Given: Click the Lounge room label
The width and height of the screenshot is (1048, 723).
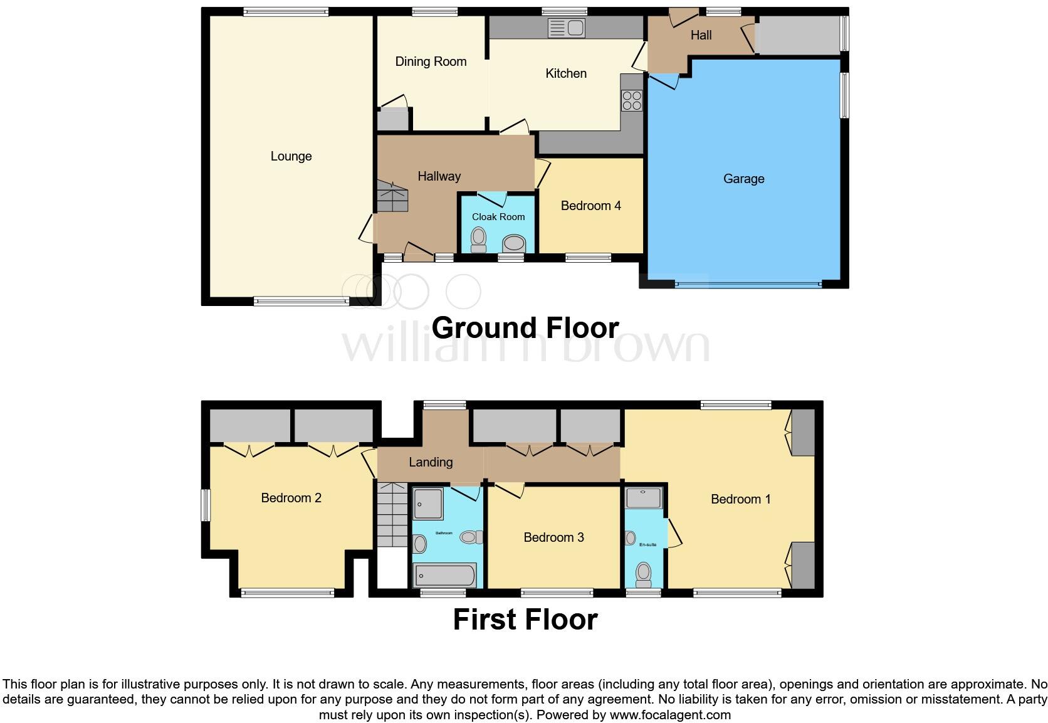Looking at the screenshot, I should [x=291, y=156].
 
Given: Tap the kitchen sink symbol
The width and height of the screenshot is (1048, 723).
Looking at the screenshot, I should [x=566, y=28].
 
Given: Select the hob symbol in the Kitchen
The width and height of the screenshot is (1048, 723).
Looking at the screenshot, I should [x=632, y=101].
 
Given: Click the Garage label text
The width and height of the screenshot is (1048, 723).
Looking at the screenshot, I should [x=743, y=179].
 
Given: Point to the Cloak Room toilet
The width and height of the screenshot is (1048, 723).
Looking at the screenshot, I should [x=479, y=239].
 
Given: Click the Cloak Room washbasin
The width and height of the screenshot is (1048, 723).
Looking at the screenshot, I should [x=514, y=243].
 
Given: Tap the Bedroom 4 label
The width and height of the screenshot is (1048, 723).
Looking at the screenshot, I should [x=590, y=206].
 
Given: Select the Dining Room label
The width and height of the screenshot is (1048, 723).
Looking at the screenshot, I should [x=431, y=61].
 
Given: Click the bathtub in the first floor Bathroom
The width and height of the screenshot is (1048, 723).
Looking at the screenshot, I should [x=444, y=575].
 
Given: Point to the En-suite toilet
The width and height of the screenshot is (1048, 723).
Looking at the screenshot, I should [x=643, y=573].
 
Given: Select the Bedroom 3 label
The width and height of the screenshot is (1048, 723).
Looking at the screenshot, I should [x=553, y=537].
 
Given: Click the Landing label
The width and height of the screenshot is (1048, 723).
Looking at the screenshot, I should [x=431, y=462].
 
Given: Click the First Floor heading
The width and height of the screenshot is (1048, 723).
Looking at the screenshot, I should [x=525, y=620].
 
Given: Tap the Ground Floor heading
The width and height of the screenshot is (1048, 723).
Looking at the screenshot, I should [x=525, y=328].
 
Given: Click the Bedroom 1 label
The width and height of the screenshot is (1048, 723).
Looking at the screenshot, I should [x=740, y=499].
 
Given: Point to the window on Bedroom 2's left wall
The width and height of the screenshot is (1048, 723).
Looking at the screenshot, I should [x=205, y=505].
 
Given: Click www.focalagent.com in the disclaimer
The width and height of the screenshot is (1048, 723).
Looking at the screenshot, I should [x=669, y=715].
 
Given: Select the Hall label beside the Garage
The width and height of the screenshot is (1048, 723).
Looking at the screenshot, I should [x=701, y=35].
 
